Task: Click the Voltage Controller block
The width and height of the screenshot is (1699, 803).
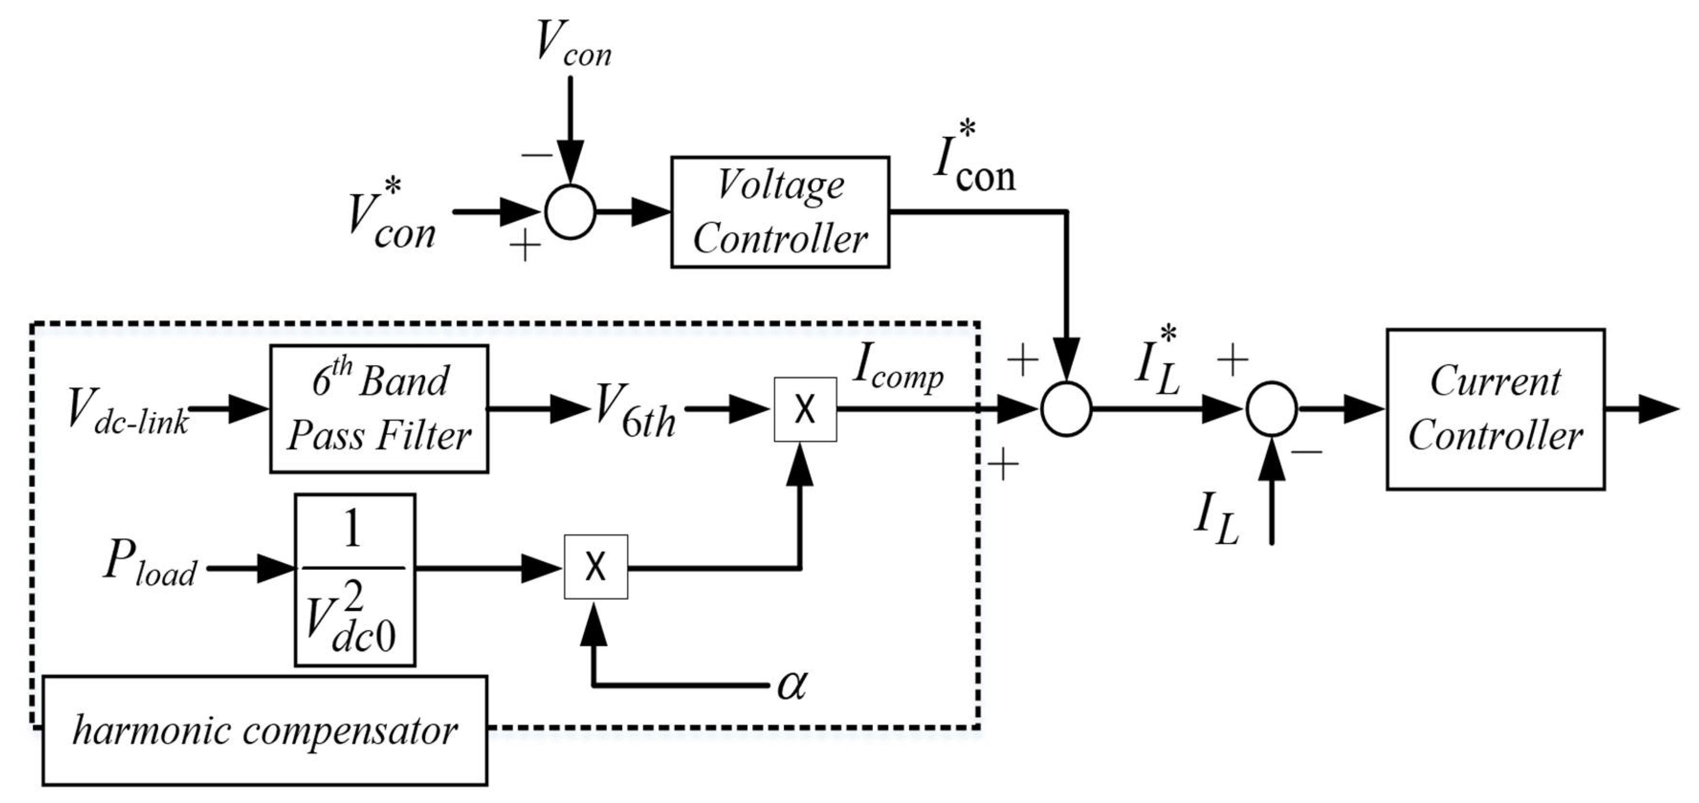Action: pos(780,212)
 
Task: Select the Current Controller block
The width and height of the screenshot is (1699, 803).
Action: pos(1495,409)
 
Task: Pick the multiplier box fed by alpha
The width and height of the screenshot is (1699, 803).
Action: pos(596,567)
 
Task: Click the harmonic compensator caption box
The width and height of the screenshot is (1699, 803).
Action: pos(265,730)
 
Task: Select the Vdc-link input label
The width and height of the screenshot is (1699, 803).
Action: pos(127,412)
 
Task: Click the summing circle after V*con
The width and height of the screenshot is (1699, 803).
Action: pos(571,212)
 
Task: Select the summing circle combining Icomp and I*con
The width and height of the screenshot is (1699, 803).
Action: pos(1066,409)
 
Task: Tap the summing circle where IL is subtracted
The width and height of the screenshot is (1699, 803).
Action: pos(1271,409)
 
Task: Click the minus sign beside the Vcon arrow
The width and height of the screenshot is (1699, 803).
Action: pos(538,156)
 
